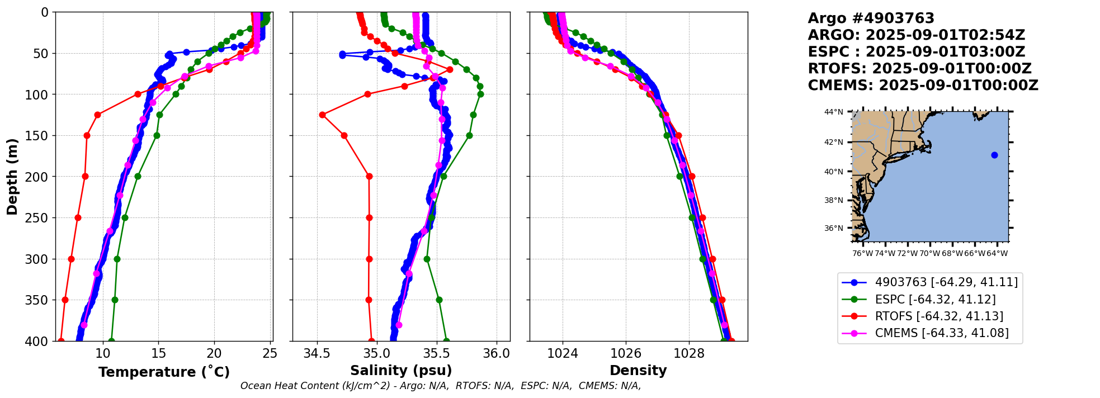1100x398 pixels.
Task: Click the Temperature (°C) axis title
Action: [164, 372]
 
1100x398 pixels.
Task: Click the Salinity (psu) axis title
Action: [401, 371]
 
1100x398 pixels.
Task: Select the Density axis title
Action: [638, 371]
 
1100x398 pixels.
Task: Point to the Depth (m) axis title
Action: [12, 176]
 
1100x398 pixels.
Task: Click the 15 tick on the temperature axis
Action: [158, 354]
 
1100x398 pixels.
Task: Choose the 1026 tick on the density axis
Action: [626, 354]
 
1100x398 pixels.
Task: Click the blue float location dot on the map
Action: [994, 155]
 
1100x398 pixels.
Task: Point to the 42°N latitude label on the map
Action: [833, 142]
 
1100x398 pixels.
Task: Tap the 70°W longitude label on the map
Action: [930, 254]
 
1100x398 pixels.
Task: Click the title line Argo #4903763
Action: [871, 18]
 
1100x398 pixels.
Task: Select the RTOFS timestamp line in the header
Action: [919, 69]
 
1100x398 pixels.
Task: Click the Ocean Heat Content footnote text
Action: [441, 386]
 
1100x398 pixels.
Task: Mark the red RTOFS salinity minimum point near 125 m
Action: [322, 115]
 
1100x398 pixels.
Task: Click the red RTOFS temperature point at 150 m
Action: [87, 135]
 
